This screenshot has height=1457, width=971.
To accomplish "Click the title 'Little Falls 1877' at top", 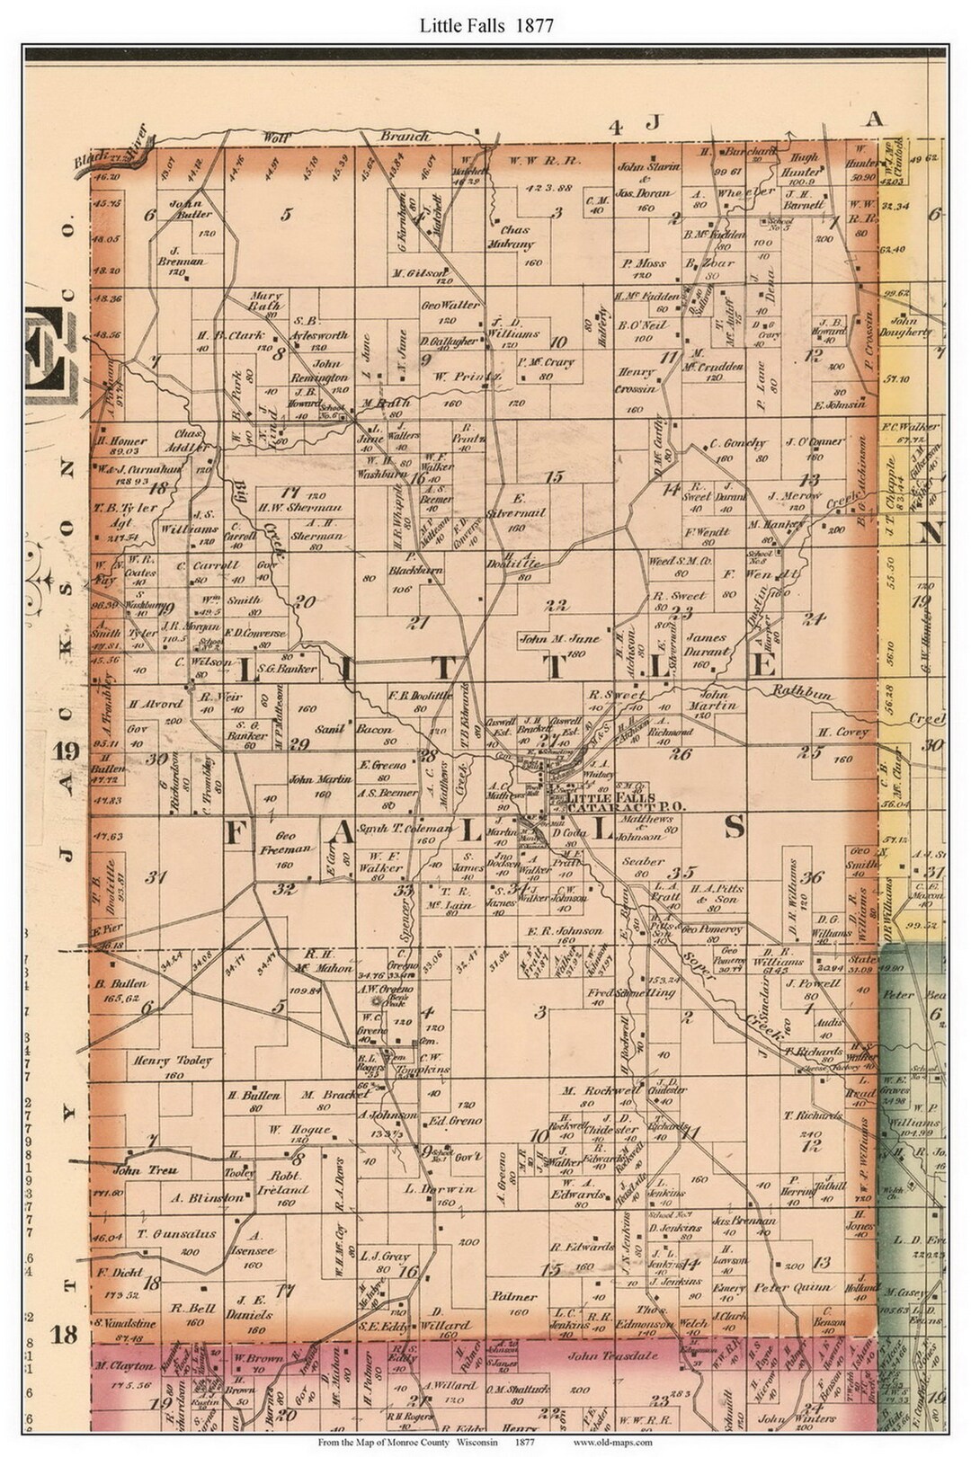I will click(x=486, y=24).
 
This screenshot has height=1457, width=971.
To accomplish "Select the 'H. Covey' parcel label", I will click(x=842, y=731).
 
